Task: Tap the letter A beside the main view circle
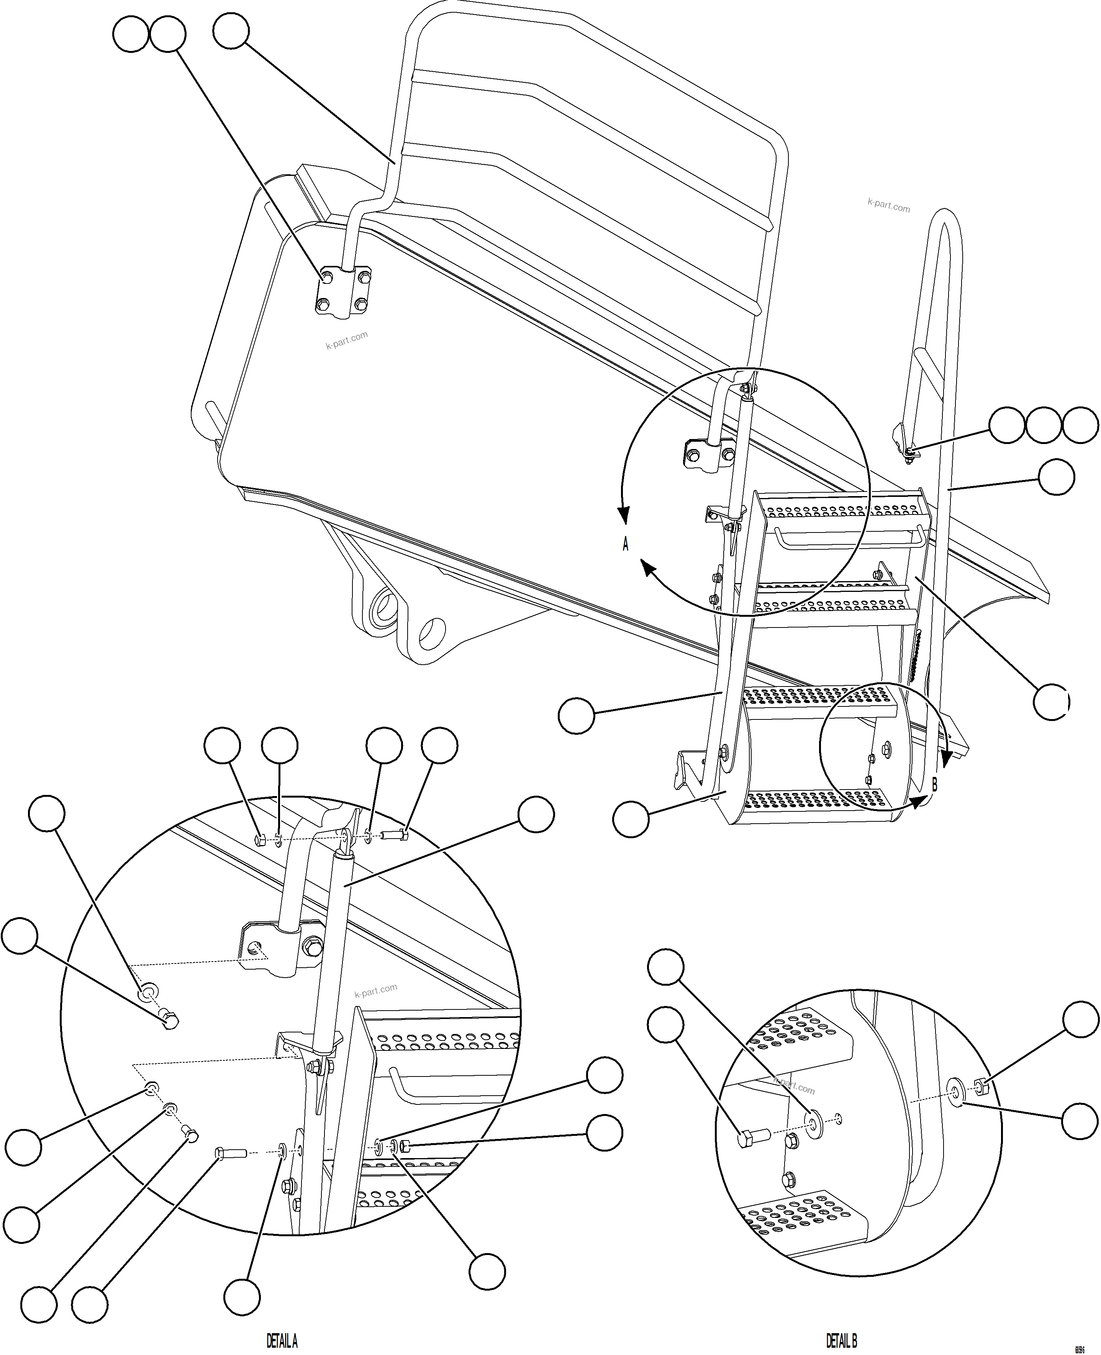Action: coord(625,544)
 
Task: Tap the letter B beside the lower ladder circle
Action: coord(934,784)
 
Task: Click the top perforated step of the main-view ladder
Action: coord(840,507)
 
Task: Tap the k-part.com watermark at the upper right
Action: coord(888,205)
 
